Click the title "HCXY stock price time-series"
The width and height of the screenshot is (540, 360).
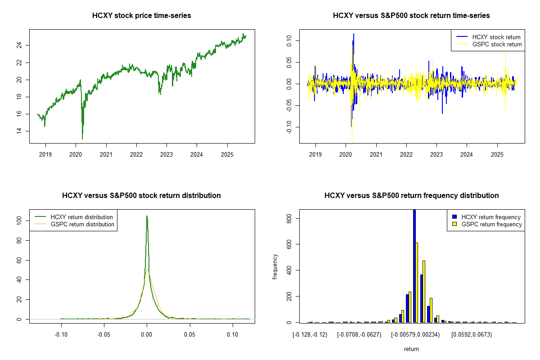[x=142, y=16]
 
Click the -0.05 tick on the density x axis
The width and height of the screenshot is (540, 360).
[x=104, y=335]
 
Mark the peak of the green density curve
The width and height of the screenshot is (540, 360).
[x=147, y=216]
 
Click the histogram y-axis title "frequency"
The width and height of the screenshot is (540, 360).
[x=275, y=266]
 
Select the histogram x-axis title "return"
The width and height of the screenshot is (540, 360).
[x=411, y=349]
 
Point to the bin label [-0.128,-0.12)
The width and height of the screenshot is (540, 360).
[x=310, y=335]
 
